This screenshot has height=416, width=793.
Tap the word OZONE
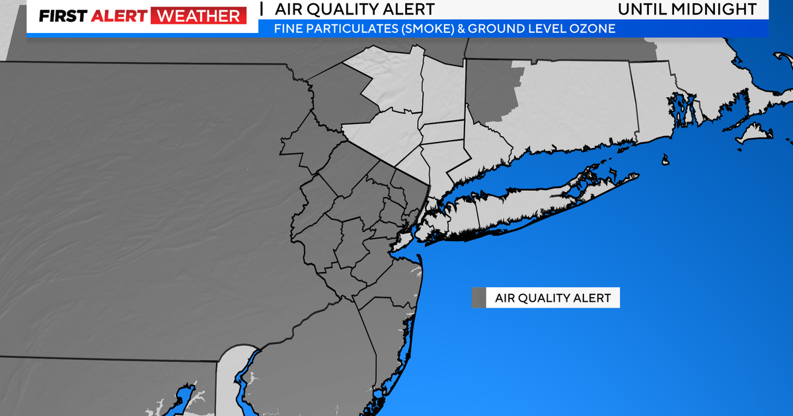pyautogui.click(x=592, y=29)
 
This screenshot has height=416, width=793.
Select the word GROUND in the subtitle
pyautogui.click(x=497, y=29)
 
